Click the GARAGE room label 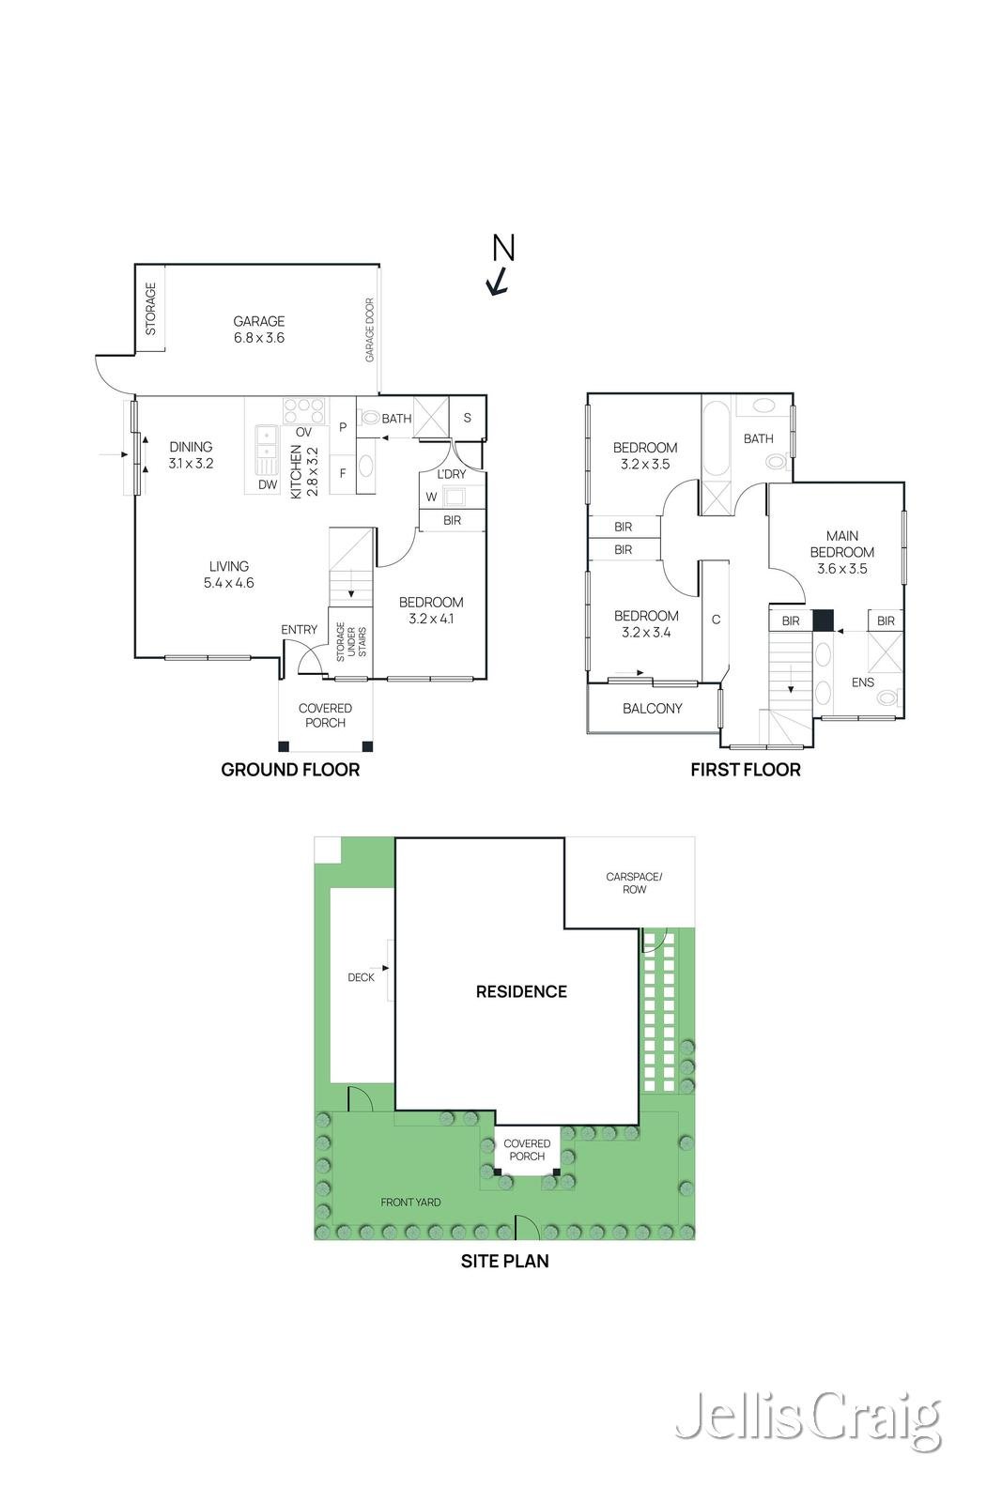259,321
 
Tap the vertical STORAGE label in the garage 151,309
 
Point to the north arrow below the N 497,281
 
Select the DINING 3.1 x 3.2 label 192,454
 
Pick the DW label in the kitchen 268,484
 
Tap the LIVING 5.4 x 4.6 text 229,575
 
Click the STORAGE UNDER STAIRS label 351,642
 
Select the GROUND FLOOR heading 290,769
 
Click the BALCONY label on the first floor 652,708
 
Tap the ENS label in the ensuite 862,682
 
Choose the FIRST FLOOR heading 745,769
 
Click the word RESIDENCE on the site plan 521,991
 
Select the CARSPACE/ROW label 634,882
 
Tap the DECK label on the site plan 361,977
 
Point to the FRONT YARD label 410,1203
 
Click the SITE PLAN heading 504,1261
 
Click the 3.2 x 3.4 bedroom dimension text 646,632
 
